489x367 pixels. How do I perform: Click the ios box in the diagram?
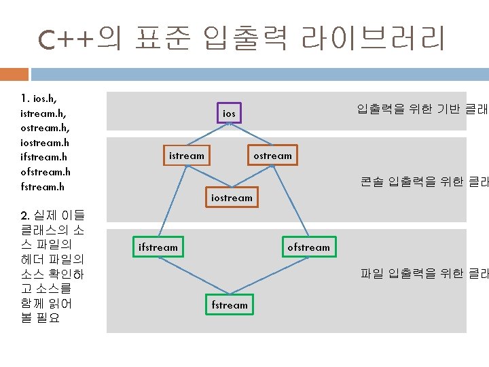click(x=229, y=113)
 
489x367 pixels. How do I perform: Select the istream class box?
click(x=186, y=156)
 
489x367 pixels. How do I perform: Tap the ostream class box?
click(x=272, y=156)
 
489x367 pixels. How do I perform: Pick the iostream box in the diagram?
click(x=232, y=198)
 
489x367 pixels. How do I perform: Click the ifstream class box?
click(x=158, y=247)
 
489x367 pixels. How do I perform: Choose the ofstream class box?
click(x=308, y=247)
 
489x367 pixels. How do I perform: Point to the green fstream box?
click(x=230, y=305)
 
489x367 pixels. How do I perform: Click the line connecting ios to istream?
click(x=207, y=135)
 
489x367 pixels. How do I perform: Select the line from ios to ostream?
click(x=251, y=135)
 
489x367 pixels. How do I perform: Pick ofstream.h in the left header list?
click(x=46, y=172)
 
